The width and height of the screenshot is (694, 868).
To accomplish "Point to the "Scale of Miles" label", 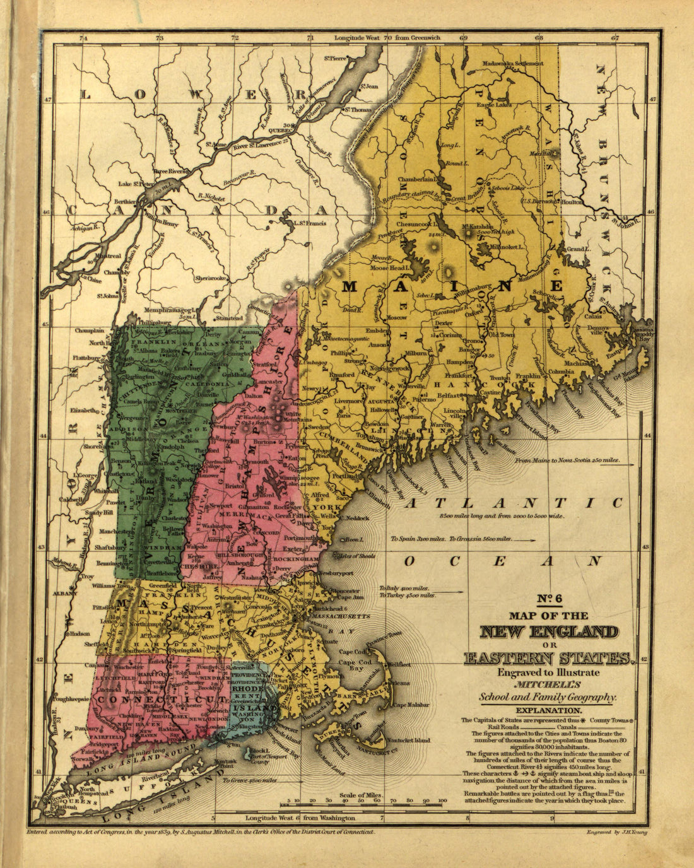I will click(361, 795).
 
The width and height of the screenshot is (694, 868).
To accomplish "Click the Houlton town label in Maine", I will click(570, 202).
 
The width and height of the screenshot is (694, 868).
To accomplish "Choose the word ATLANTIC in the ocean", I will click(514, 503).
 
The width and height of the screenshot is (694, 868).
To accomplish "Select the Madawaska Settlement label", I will click(513, 64).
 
